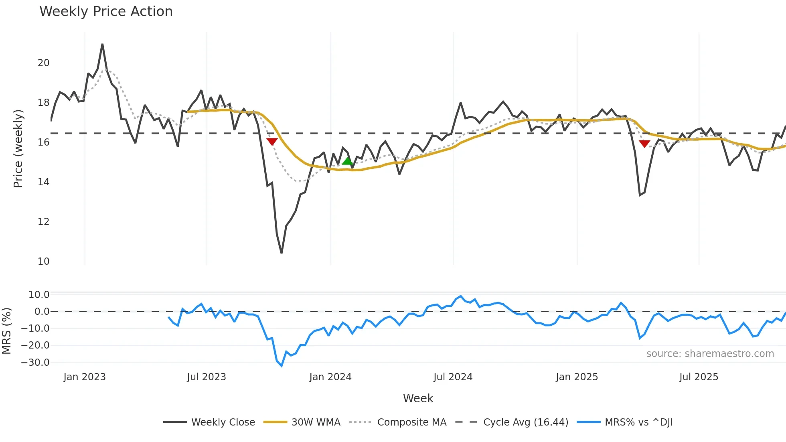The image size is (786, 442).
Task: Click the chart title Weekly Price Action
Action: point(106,12)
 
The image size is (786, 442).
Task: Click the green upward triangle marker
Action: point(347,161)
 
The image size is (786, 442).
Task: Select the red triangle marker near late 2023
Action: point(272,142)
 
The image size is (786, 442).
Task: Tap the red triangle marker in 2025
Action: point(644,144)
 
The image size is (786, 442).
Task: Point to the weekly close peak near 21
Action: point(102,45)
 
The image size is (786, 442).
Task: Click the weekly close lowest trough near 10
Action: point(282,253)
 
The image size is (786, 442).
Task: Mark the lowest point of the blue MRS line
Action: point(282,366)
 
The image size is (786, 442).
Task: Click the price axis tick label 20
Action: point(43,63)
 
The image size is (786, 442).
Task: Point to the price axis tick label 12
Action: point(43,222)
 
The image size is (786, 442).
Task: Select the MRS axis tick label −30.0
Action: point(35,363)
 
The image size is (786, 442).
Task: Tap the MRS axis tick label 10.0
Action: point(39,295)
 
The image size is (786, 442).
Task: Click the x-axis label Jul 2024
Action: point(453,377)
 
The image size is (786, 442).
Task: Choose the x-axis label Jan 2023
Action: point(85,377)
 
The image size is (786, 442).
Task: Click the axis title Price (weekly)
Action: point(18,148)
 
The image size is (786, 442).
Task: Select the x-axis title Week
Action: point(418,398)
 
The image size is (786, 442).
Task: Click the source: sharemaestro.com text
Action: point(710,354)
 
